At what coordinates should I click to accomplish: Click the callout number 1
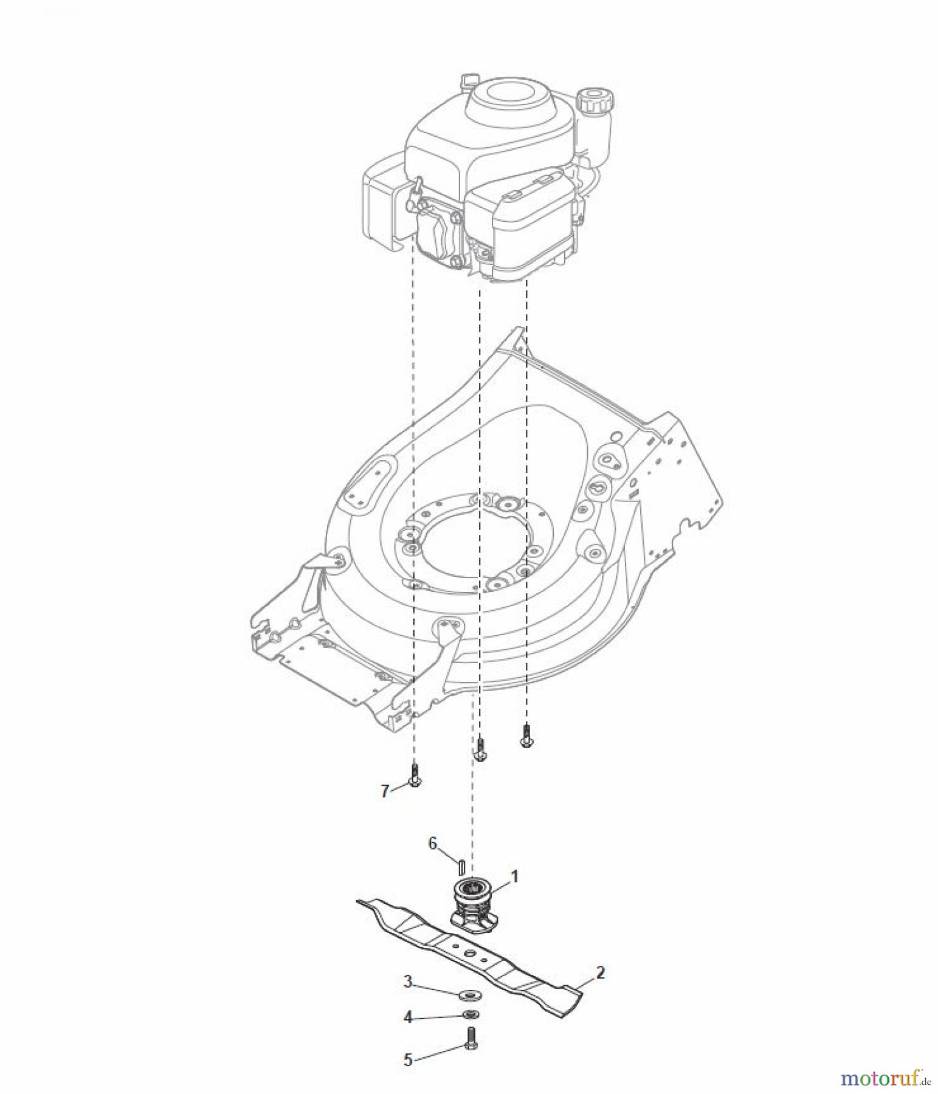coord(514,876)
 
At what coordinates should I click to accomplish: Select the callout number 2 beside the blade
coord(600,972)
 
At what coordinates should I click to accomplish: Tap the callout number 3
coord(409,981)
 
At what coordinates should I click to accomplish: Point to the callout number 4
coord(409,1017)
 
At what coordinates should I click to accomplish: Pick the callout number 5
coord(409,1059)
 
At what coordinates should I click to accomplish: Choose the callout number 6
coord(433,843)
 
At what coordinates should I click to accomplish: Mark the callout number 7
coord(385,791)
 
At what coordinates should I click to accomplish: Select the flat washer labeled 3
coord(467,994)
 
